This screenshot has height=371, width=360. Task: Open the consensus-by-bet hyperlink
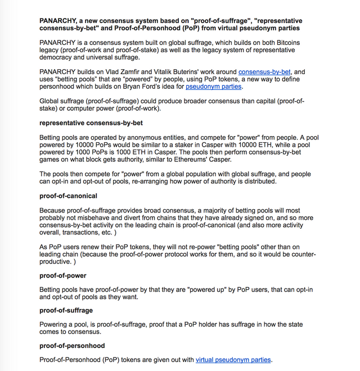coord(263,72)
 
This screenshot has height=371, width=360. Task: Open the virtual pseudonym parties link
coord(233,360)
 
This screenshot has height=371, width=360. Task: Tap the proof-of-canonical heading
coord(68,196)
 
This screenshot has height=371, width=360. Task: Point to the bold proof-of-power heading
coord(63,275)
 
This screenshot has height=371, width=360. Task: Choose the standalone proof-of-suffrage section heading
coord(66,310)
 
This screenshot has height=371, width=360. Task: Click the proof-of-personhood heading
coord(72,345)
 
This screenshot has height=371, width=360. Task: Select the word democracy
coord(58,57)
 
